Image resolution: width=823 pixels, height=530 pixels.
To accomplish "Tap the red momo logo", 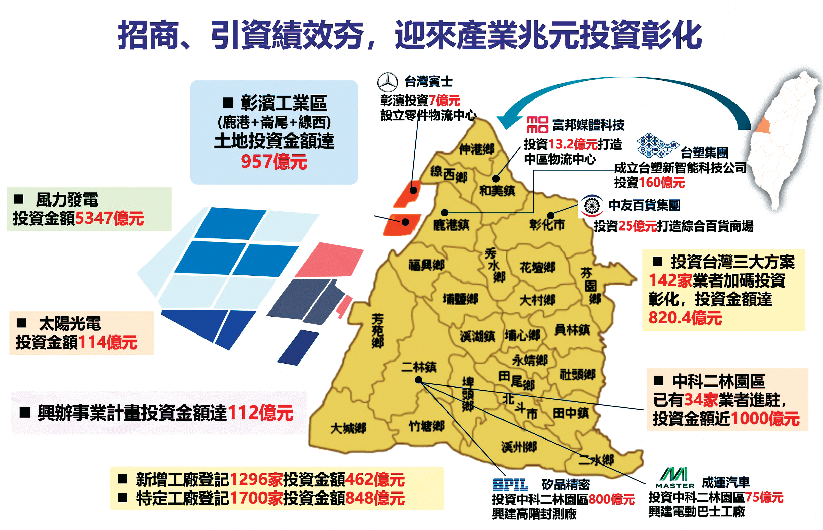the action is pos(537,125).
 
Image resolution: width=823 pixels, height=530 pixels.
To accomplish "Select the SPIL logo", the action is pos(510,485).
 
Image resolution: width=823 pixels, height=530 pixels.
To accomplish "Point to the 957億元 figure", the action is pos(274,161).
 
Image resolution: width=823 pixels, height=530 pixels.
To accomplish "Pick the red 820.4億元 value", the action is pos(685,318).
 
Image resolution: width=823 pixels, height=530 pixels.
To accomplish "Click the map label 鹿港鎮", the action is pos(451,225).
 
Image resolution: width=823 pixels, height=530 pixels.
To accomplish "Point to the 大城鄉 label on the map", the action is pos(348,428).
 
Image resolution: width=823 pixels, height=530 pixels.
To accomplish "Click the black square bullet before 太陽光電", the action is pos(22,323).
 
